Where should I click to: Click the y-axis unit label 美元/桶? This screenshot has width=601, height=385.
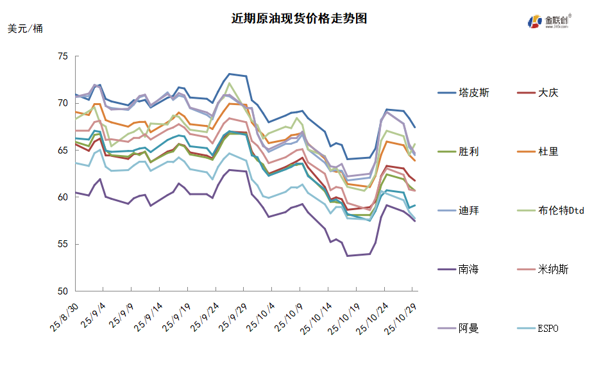26,29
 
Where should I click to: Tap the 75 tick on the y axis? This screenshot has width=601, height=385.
62,56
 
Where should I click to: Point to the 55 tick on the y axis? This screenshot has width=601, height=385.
62,244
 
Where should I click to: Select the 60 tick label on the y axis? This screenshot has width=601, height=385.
62,197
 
